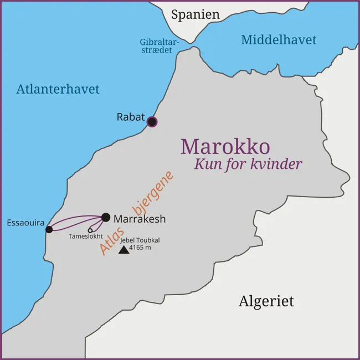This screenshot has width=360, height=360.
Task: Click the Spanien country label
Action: tap(195, 15)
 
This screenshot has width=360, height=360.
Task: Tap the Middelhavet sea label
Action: tap(279, 40)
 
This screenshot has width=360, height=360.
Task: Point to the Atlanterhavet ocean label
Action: tap(58, 89)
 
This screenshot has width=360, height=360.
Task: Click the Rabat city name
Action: tap(130, 117)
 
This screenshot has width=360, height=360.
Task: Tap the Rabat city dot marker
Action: tap(152, 122)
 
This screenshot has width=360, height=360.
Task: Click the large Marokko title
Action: tap(225, 147)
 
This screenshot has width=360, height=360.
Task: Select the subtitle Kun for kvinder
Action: tap(248, 164)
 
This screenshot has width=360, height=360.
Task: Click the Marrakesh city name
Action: tap(140, 219)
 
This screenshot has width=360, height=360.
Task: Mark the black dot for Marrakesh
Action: tap(106, 217)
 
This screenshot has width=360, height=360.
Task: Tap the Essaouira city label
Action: tap(25, 223)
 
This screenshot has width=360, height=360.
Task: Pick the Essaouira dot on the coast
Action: tap(49, 229)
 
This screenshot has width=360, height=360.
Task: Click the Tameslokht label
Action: tap(85, 236)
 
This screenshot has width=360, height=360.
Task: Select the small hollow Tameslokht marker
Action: tap(90, 230)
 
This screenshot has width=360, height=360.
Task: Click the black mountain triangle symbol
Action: tap(124, 250)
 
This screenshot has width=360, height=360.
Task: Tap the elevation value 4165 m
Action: tap(140, 248)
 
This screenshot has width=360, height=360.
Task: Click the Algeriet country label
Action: tap(266, 301)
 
